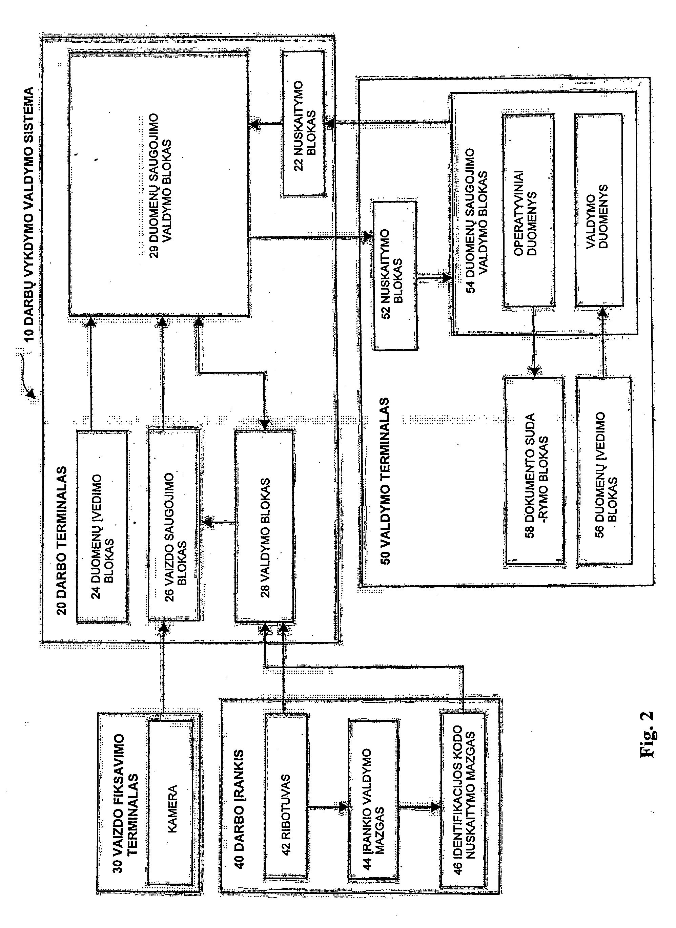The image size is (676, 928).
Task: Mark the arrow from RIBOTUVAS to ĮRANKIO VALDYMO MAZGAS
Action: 328,807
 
